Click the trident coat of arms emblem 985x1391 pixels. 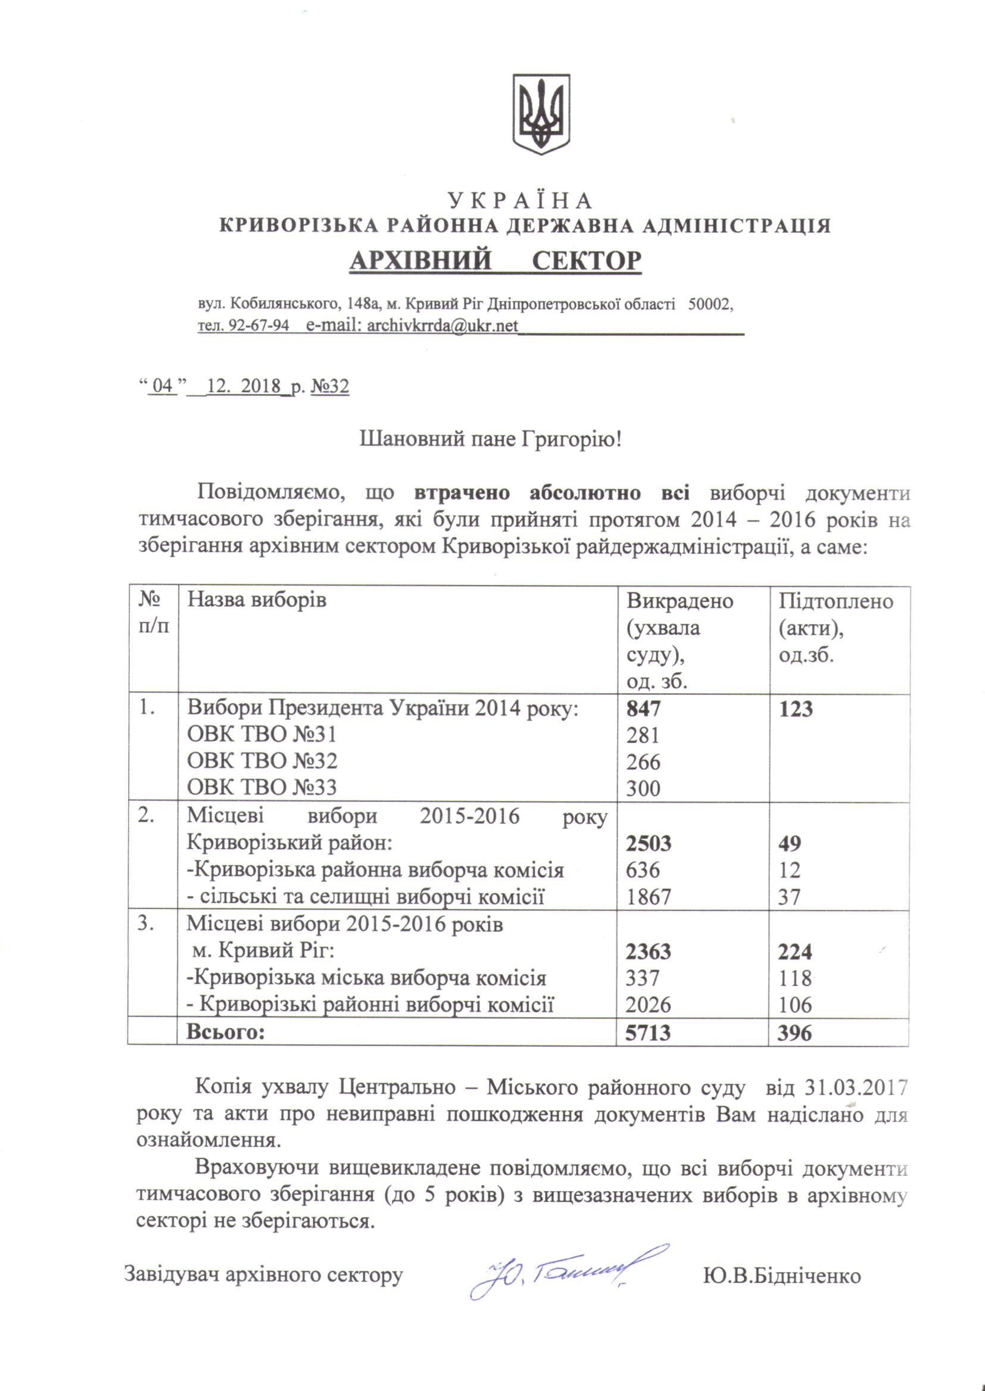[541, 113]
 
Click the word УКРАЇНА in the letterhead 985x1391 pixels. [520, 201]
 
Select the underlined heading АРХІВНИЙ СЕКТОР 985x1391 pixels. [495, 260]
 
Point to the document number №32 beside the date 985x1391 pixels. [330, 386]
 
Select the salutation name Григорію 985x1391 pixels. [571, 438]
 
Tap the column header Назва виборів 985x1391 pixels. [257, 600]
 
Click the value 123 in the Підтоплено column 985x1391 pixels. [795, 708]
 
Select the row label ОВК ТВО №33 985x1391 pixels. [261, 787]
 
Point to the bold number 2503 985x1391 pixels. [649, 843]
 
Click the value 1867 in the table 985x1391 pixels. [649, 896]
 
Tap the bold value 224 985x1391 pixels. [795, 952]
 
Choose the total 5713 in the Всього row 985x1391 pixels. [649, 1032]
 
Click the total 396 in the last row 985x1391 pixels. [795, 1032]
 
